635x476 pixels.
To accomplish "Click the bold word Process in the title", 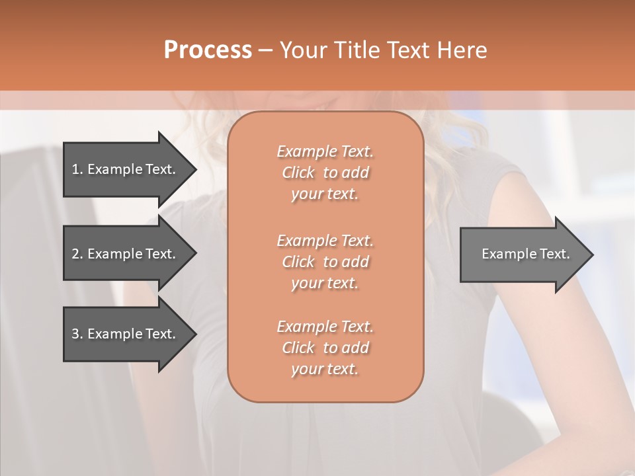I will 208,50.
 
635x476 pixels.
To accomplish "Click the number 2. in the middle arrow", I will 77,254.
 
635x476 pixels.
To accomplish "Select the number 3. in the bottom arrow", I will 77,334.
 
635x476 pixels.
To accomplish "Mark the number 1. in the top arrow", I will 77,169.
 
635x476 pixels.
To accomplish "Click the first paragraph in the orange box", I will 325,173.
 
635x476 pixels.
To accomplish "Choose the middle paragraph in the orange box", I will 325,262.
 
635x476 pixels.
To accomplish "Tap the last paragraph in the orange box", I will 325,348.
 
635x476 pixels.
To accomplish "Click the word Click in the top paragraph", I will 298,173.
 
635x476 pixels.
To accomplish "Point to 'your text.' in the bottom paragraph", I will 325,370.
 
